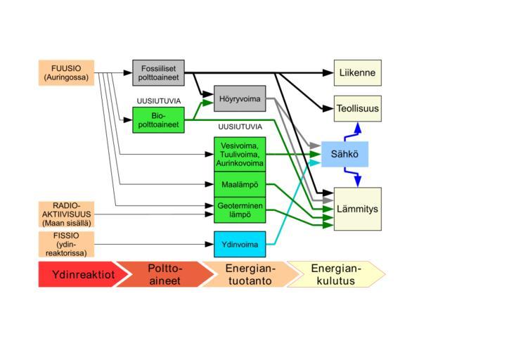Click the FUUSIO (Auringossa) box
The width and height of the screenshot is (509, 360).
[x=66, y=72]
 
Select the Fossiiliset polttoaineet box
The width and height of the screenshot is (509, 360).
[x=158, y=72]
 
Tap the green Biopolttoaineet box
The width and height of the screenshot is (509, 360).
[x=158, y=120]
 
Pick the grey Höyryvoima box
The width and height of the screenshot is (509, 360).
[x=240, y=98]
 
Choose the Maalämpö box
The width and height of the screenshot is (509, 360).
[x=240, y=184]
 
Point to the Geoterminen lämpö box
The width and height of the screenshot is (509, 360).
[x=240, y=210]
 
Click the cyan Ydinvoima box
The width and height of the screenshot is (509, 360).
[x=240, y=244]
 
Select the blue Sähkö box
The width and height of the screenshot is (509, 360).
[x=344, y=154]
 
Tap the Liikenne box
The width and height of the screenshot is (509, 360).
[x=357, y=72]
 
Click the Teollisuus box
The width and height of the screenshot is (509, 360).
[x=357, y=109]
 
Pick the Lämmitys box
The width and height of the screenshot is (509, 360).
[x=357, y=209]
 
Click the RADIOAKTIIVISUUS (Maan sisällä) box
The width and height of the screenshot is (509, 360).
[x=66, y=214]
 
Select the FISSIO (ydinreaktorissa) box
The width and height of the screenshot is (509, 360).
[x=66, y=244]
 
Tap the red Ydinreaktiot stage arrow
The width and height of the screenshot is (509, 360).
[x=79, y=274]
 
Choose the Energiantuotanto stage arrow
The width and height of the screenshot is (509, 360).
[x=250, y=274]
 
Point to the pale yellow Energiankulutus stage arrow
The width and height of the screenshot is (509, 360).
[x=335, y=274]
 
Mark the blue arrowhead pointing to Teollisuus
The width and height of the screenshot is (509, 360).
[x=357, y=127]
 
